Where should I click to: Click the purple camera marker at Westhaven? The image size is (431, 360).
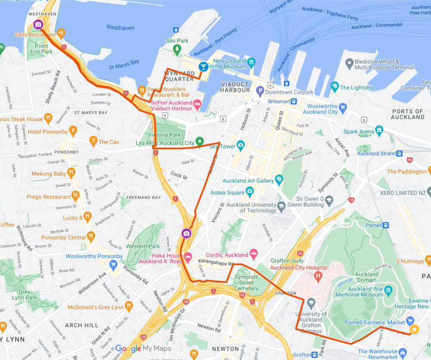pyautogui.click(x=38, y=24)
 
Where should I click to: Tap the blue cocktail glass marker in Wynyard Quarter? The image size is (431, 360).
pyautogui.click(x=203, y=67)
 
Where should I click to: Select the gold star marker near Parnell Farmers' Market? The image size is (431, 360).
pyautogui.click(x=414, y=329)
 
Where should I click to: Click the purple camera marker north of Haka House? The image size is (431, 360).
pyautogui.click(x=186, y=233)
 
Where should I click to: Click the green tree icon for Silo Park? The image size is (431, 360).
pyautogui.click(x=177, y=50)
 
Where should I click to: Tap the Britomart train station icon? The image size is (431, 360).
pyautogui.click(x=293, y=101)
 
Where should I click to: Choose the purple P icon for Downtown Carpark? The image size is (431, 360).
pyautogui.click(x=259, y=92)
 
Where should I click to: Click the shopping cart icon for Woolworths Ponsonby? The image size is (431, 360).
pyautogui.click(x=114, y=264)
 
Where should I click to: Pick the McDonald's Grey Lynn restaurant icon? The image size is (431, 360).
pyautogui.click(x=128, y=306)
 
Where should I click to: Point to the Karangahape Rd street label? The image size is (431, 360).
pyautogui.click(x=215, y=262)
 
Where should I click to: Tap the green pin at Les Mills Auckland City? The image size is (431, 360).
pyautogui.click(x=199, y=141)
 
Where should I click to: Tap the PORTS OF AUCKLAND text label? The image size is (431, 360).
pyautogui.click(x=408, y=114)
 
